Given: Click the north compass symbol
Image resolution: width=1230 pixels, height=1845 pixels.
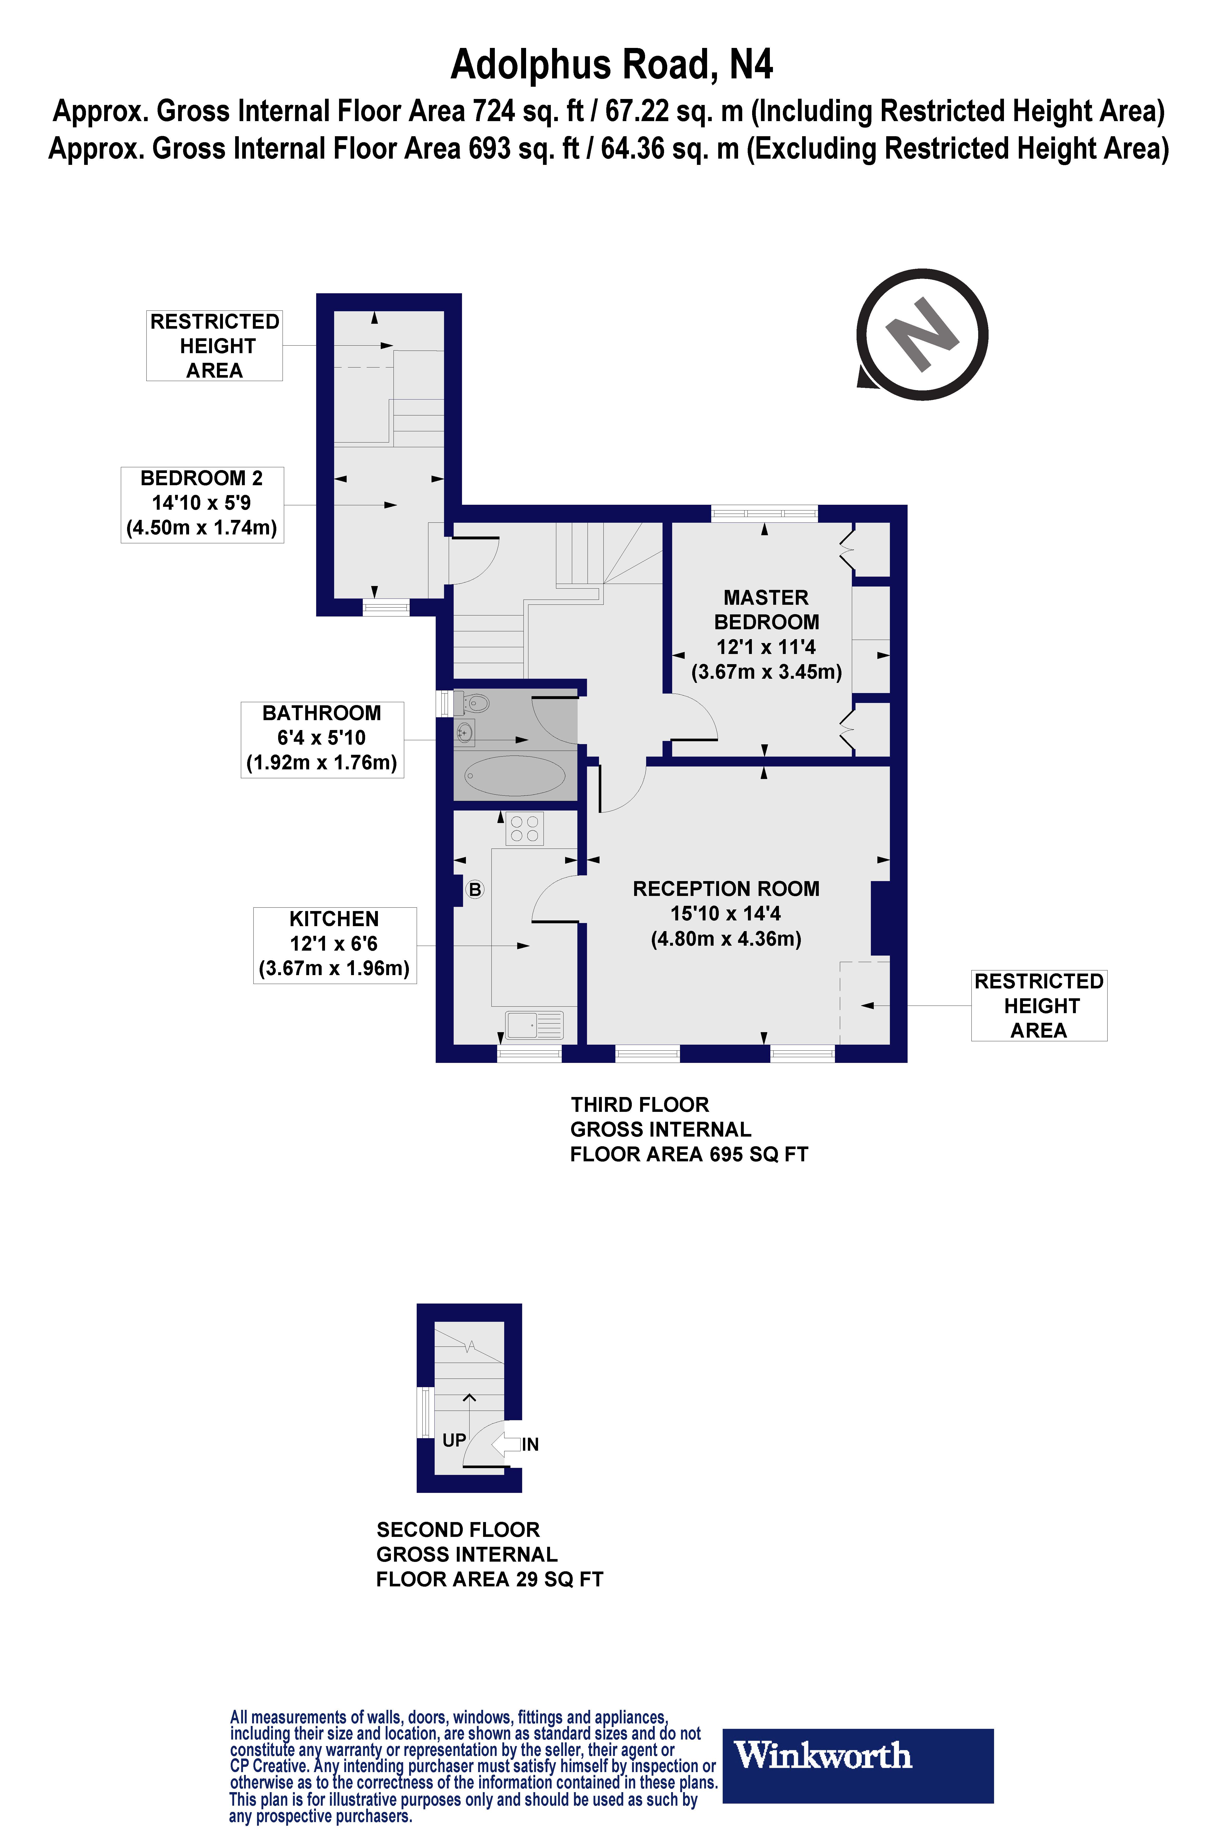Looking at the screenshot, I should coord(922,335).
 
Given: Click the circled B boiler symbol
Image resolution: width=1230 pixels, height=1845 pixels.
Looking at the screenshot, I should coord(474,890).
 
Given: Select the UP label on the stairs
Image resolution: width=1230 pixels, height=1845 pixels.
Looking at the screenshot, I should coord(454,1440).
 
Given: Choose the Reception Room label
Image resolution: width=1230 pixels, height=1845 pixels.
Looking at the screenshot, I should coord(726,889).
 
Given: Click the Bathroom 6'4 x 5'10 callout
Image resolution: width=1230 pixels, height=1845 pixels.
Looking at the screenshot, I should coord(322,738).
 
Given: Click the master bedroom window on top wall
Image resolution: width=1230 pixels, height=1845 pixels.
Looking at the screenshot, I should coord(764,514).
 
